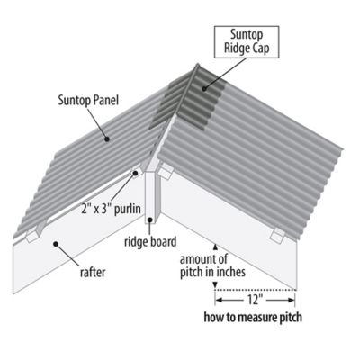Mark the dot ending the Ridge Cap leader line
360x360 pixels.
[204, 89]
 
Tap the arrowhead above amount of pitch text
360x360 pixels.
[213, 244]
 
